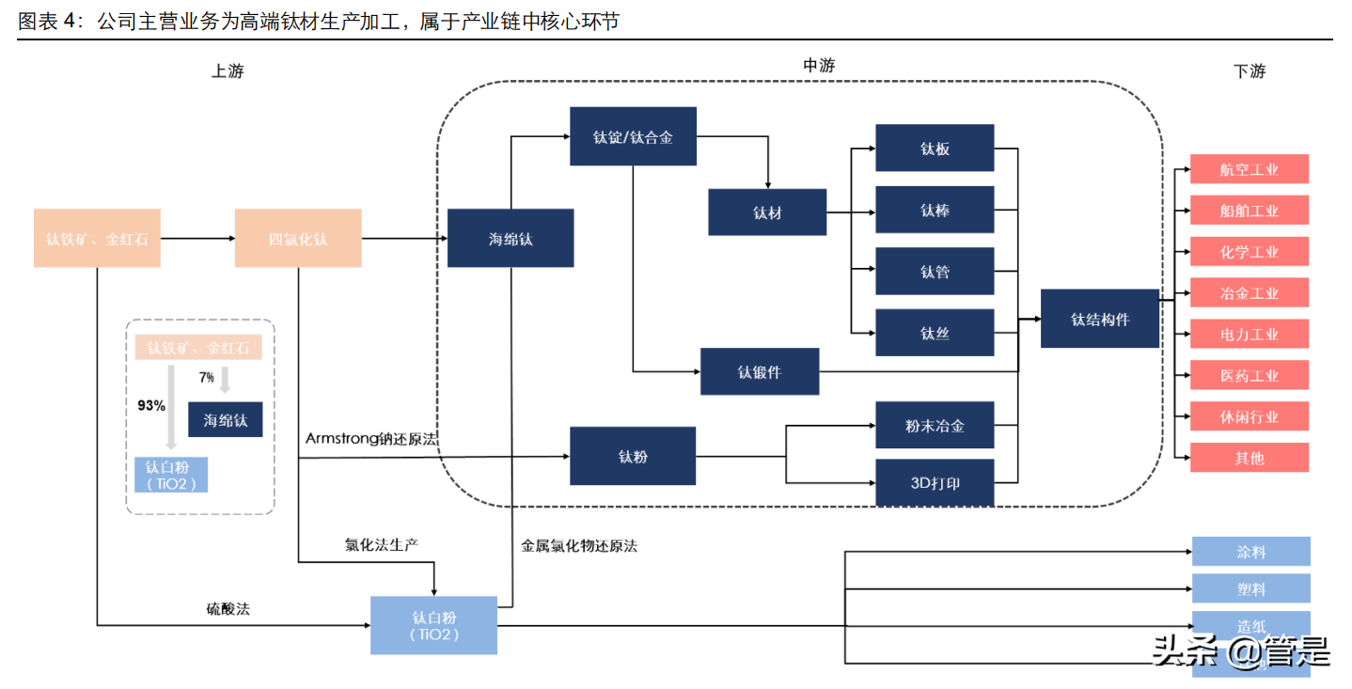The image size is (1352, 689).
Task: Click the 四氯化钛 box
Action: point(298,239)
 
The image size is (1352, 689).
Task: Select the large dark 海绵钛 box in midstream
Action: point(511,239)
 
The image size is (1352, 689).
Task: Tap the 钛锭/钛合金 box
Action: point(633,137)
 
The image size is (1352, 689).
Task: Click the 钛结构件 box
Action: point(1100,319)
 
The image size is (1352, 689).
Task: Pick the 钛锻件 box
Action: point(760,371)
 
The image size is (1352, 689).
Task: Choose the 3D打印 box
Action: point(935,483)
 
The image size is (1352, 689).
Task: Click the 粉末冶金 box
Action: point(935,426)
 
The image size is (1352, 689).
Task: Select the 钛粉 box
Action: point(633,456)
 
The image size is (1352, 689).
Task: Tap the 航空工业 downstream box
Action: point(1250,170)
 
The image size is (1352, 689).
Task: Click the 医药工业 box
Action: point(1250,375)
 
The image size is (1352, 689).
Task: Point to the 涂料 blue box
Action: point(1250,552)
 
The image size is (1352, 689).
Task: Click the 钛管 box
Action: point(935,272)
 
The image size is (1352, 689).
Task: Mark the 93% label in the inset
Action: point(151,406)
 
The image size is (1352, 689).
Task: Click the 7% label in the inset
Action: point(207,377)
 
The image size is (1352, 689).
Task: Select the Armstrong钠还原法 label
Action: point(371,439)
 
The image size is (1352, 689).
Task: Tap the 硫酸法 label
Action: point(228,609)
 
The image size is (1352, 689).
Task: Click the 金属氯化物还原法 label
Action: point(579,545)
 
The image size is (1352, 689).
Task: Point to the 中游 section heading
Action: point(818,66)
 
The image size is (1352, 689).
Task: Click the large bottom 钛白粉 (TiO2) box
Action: point(433,625)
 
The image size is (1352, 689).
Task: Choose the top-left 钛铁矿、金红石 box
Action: point(97,239)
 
